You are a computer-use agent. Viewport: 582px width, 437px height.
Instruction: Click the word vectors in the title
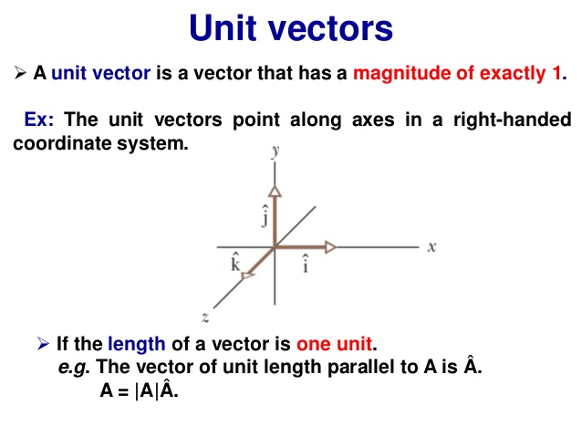tap(334, 28)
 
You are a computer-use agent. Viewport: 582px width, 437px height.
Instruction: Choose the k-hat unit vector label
tap(235, 264)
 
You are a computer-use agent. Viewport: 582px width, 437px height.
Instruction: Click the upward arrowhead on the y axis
tap(274, 189)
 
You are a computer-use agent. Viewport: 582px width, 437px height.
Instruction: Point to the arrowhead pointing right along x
tap(330, 246)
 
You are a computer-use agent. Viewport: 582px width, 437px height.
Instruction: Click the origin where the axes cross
tap(274, 246)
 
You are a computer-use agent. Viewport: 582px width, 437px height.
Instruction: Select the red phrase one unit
tap(336, 344)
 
